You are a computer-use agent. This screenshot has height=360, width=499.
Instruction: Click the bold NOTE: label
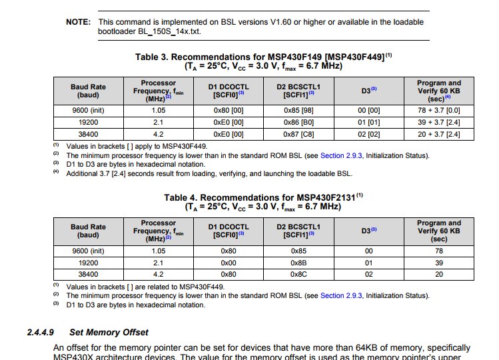[x=78, y=22]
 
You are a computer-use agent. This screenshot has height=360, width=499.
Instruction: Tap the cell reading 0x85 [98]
[x=298, y=110]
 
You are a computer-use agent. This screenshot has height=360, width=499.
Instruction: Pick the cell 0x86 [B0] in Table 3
[x=298, y=122]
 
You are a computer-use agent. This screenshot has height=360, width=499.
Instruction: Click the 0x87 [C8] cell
[x=298, y=134]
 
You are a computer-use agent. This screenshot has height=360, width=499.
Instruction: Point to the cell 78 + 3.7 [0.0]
[x=438, y=110]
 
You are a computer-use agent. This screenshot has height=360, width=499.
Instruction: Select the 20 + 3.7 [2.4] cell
[x=438, y=134]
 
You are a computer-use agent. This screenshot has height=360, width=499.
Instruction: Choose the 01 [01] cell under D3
[x=368, y=122]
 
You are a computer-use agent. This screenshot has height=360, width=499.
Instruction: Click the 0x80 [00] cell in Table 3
[x=228, y=110]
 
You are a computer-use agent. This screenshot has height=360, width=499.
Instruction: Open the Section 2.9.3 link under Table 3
[x=341, y=155]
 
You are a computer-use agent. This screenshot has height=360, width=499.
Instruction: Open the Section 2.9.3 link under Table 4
[x=341, y=295]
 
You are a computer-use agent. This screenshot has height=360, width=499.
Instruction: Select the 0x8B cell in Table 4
[x=298, y=263]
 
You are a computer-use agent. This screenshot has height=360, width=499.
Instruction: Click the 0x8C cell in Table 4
[x=298, y=274]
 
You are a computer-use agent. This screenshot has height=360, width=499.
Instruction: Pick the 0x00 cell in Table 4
[x=228, y=263]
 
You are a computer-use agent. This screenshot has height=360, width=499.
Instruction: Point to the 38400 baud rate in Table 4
[x=88, y=274]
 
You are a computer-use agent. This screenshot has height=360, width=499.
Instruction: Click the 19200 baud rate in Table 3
[x=88, y=122]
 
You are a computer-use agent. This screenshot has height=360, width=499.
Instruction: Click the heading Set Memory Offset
[x=109, y=332]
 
